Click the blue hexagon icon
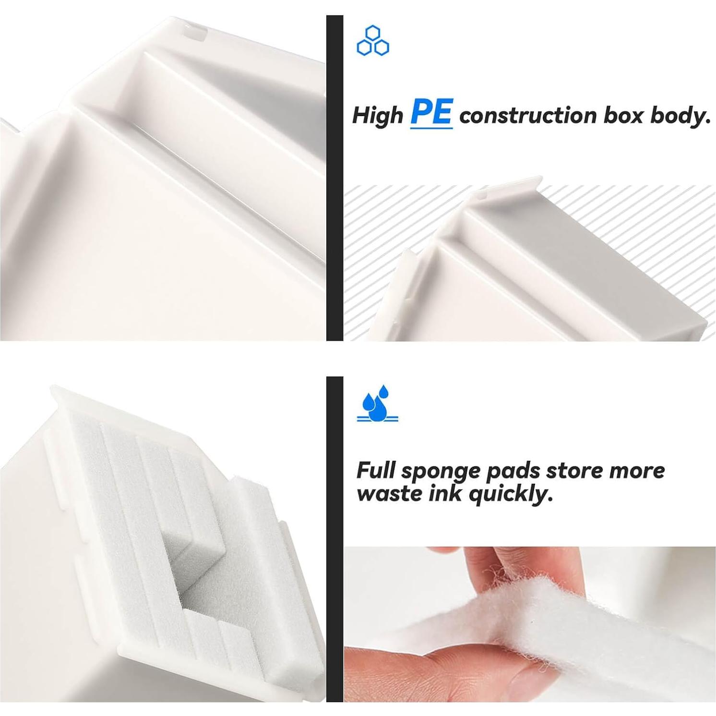[373, 41]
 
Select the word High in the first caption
[378, 116]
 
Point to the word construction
[527, 116]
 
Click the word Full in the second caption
[376, 470]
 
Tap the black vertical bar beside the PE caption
[334, 178]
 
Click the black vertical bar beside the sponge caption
[334, 539]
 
